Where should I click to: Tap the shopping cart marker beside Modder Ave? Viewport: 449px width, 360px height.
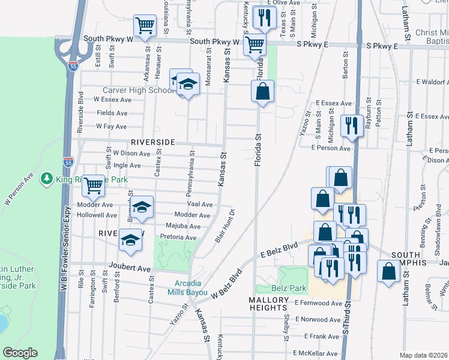tap(93, 186)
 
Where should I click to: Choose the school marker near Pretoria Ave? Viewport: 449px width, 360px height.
tap(130, 240)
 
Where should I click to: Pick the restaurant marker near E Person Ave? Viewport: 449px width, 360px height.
tap(351, 126)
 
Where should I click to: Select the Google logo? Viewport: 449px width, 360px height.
tap(20, 353)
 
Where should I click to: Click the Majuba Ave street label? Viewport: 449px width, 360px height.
tap(186, 226)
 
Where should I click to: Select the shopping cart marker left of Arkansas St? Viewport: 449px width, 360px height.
tap(145, 26)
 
